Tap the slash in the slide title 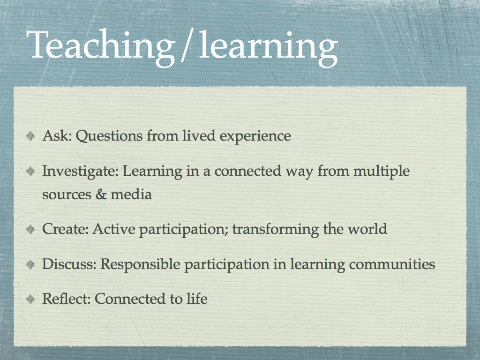click(x=186, y=47)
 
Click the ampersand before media click(x=101, y=194)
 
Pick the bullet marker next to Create click(x=30, y=230)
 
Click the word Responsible click(x=141, y=265)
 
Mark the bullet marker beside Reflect click(x=30, y=299)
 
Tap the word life click(x=197, y=299)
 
